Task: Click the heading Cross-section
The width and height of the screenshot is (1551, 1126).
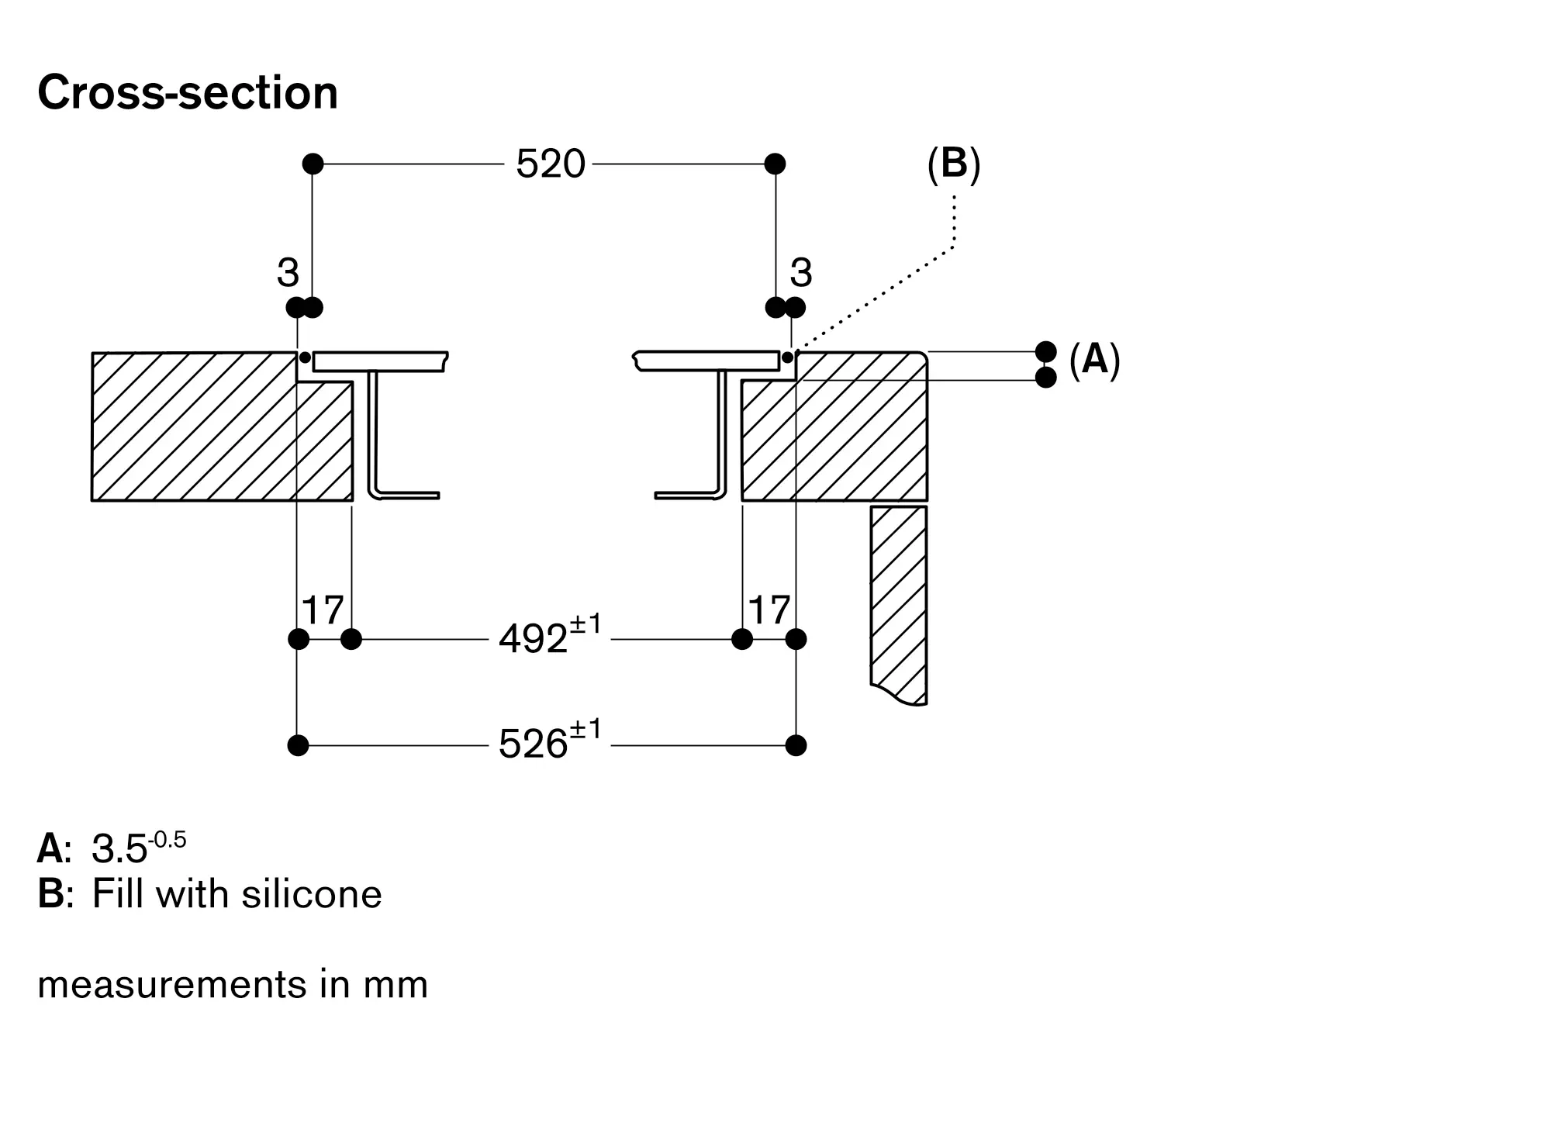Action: pyautogui.click(x=188, y=93)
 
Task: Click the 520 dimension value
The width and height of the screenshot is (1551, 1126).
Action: pyautogui.click(x=551, y=164)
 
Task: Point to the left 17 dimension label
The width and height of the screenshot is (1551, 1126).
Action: pyautogui.click(x=323, y=610)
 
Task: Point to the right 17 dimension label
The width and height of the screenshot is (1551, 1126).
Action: pyautogui.click(x=769, y=610)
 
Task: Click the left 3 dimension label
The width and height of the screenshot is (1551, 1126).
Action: pyautogui.click(x=288, y=273)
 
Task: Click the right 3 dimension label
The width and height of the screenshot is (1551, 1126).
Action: pyautogui.click(x=801, y=273)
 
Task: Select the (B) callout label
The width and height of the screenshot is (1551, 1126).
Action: pyautogui.click(x=954, y=164)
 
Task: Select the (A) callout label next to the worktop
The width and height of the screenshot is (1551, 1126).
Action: pyautogui.click(x=1094, y=360)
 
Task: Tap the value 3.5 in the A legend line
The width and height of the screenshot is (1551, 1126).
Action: pyautogui.click(x=119, y=849)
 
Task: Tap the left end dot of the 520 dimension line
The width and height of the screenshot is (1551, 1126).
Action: pyautogui.click(x=313, y=164)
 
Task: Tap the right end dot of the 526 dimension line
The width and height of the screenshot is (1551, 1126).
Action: pyautogui.click(x=796, y=745)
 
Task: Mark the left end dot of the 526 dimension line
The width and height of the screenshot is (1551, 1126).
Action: pyautogui.click(x=298, y=745)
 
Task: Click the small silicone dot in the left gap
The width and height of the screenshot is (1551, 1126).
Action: pyautogui.click(x=306, y=357)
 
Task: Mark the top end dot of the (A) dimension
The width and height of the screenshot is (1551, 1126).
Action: pyautogui.click(x=1046, y=351)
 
